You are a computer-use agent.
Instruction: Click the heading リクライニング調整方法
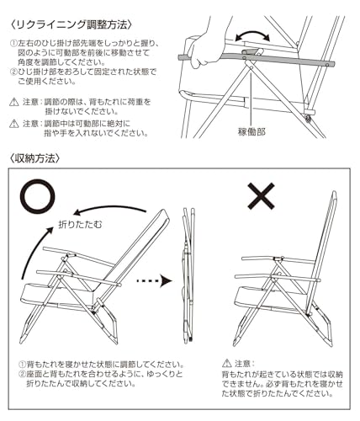pos(71,24)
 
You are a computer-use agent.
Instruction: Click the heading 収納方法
pos(34,158)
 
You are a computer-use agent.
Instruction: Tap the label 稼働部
pos(251,131)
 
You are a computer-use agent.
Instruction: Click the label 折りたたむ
pos(81,225)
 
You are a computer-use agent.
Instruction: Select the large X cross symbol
pos(261,196)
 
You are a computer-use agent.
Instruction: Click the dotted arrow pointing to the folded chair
pos(154,280)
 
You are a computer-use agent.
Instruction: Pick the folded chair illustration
pos(188,275)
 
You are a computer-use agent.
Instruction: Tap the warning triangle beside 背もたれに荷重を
pos(14,102)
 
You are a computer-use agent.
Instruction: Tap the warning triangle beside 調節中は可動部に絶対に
pos(14,124)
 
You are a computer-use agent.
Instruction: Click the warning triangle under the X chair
pos(226,364)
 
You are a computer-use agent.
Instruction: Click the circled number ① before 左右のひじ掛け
pos(14,44)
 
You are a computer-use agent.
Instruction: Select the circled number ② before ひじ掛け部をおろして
pos(14,72)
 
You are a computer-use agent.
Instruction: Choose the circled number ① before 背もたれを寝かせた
pos(23,365)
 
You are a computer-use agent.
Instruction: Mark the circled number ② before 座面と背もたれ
pos(23,374)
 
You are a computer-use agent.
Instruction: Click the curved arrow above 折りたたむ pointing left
pos(109,208)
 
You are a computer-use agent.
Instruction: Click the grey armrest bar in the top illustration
pos(257,60)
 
